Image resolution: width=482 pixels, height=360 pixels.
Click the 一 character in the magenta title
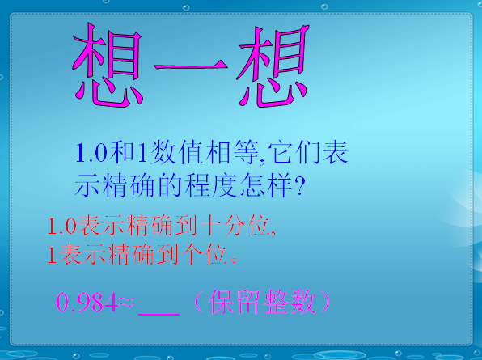click(191, 66)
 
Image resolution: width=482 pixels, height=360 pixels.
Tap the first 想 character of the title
click(108, 66)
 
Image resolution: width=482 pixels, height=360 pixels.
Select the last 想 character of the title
click(273, 66)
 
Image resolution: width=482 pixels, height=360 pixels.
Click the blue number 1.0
click(91, 152)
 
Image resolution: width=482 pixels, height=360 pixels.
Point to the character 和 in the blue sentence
click(122, 151)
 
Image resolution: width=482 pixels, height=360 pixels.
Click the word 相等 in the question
click(232, 152)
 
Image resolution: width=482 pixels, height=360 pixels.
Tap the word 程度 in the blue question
click(210, 185)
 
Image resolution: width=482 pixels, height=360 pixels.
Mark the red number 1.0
click(62, 226)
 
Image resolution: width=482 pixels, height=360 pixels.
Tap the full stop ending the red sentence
click(235, 260)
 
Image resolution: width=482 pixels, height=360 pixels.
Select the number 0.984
click(86, 303)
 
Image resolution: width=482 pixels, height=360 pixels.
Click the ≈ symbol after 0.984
click(125, 302)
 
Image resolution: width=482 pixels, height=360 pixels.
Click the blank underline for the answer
click(159, 314)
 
